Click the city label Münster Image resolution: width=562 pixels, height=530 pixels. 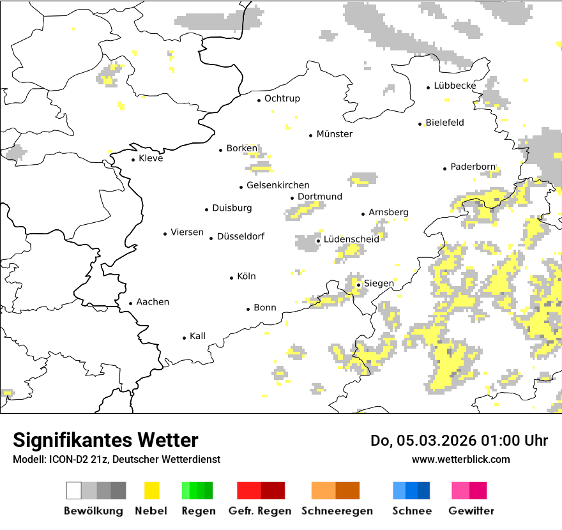tap(335, 134)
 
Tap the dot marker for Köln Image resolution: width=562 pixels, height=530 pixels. tap(232, 278)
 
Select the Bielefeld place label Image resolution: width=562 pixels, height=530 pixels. tap(444, 123)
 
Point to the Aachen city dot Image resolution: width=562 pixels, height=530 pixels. tap(131, 304)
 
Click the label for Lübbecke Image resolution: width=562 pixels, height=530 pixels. tap(455, 86)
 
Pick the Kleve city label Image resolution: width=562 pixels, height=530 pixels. tap(151, 158)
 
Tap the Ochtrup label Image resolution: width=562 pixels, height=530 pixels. tap(282, 98)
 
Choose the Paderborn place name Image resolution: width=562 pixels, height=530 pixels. tap(473, 167)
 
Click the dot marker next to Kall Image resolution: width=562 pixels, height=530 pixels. tap(185, 338)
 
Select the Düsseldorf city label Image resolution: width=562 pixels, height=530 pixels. tap(240, 237)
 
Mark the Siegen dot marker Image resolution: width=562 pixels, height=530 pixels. tap(359, 285)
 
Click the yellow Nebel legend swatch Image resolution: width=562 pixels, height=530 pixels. tap(152, 490)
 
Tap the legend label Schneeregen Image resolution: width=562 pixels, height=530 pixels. tap(337, 511)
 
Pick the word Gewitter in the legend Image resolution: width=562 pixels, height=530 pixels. tap(471, 511)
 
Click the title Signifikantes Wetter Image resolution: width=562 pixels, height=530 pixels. tap(105, 440)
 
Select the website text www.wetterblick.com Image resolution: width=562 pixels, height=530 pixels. tap(460, 459)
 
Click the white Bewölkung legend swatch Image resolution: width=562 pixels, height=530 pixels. tap(74, 490)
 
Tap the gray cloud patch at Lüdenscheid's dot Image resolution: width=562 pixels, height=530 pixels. tap(307, 242)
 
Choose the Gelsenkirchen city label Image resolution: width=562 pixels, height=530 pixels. tap(278, 186)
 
